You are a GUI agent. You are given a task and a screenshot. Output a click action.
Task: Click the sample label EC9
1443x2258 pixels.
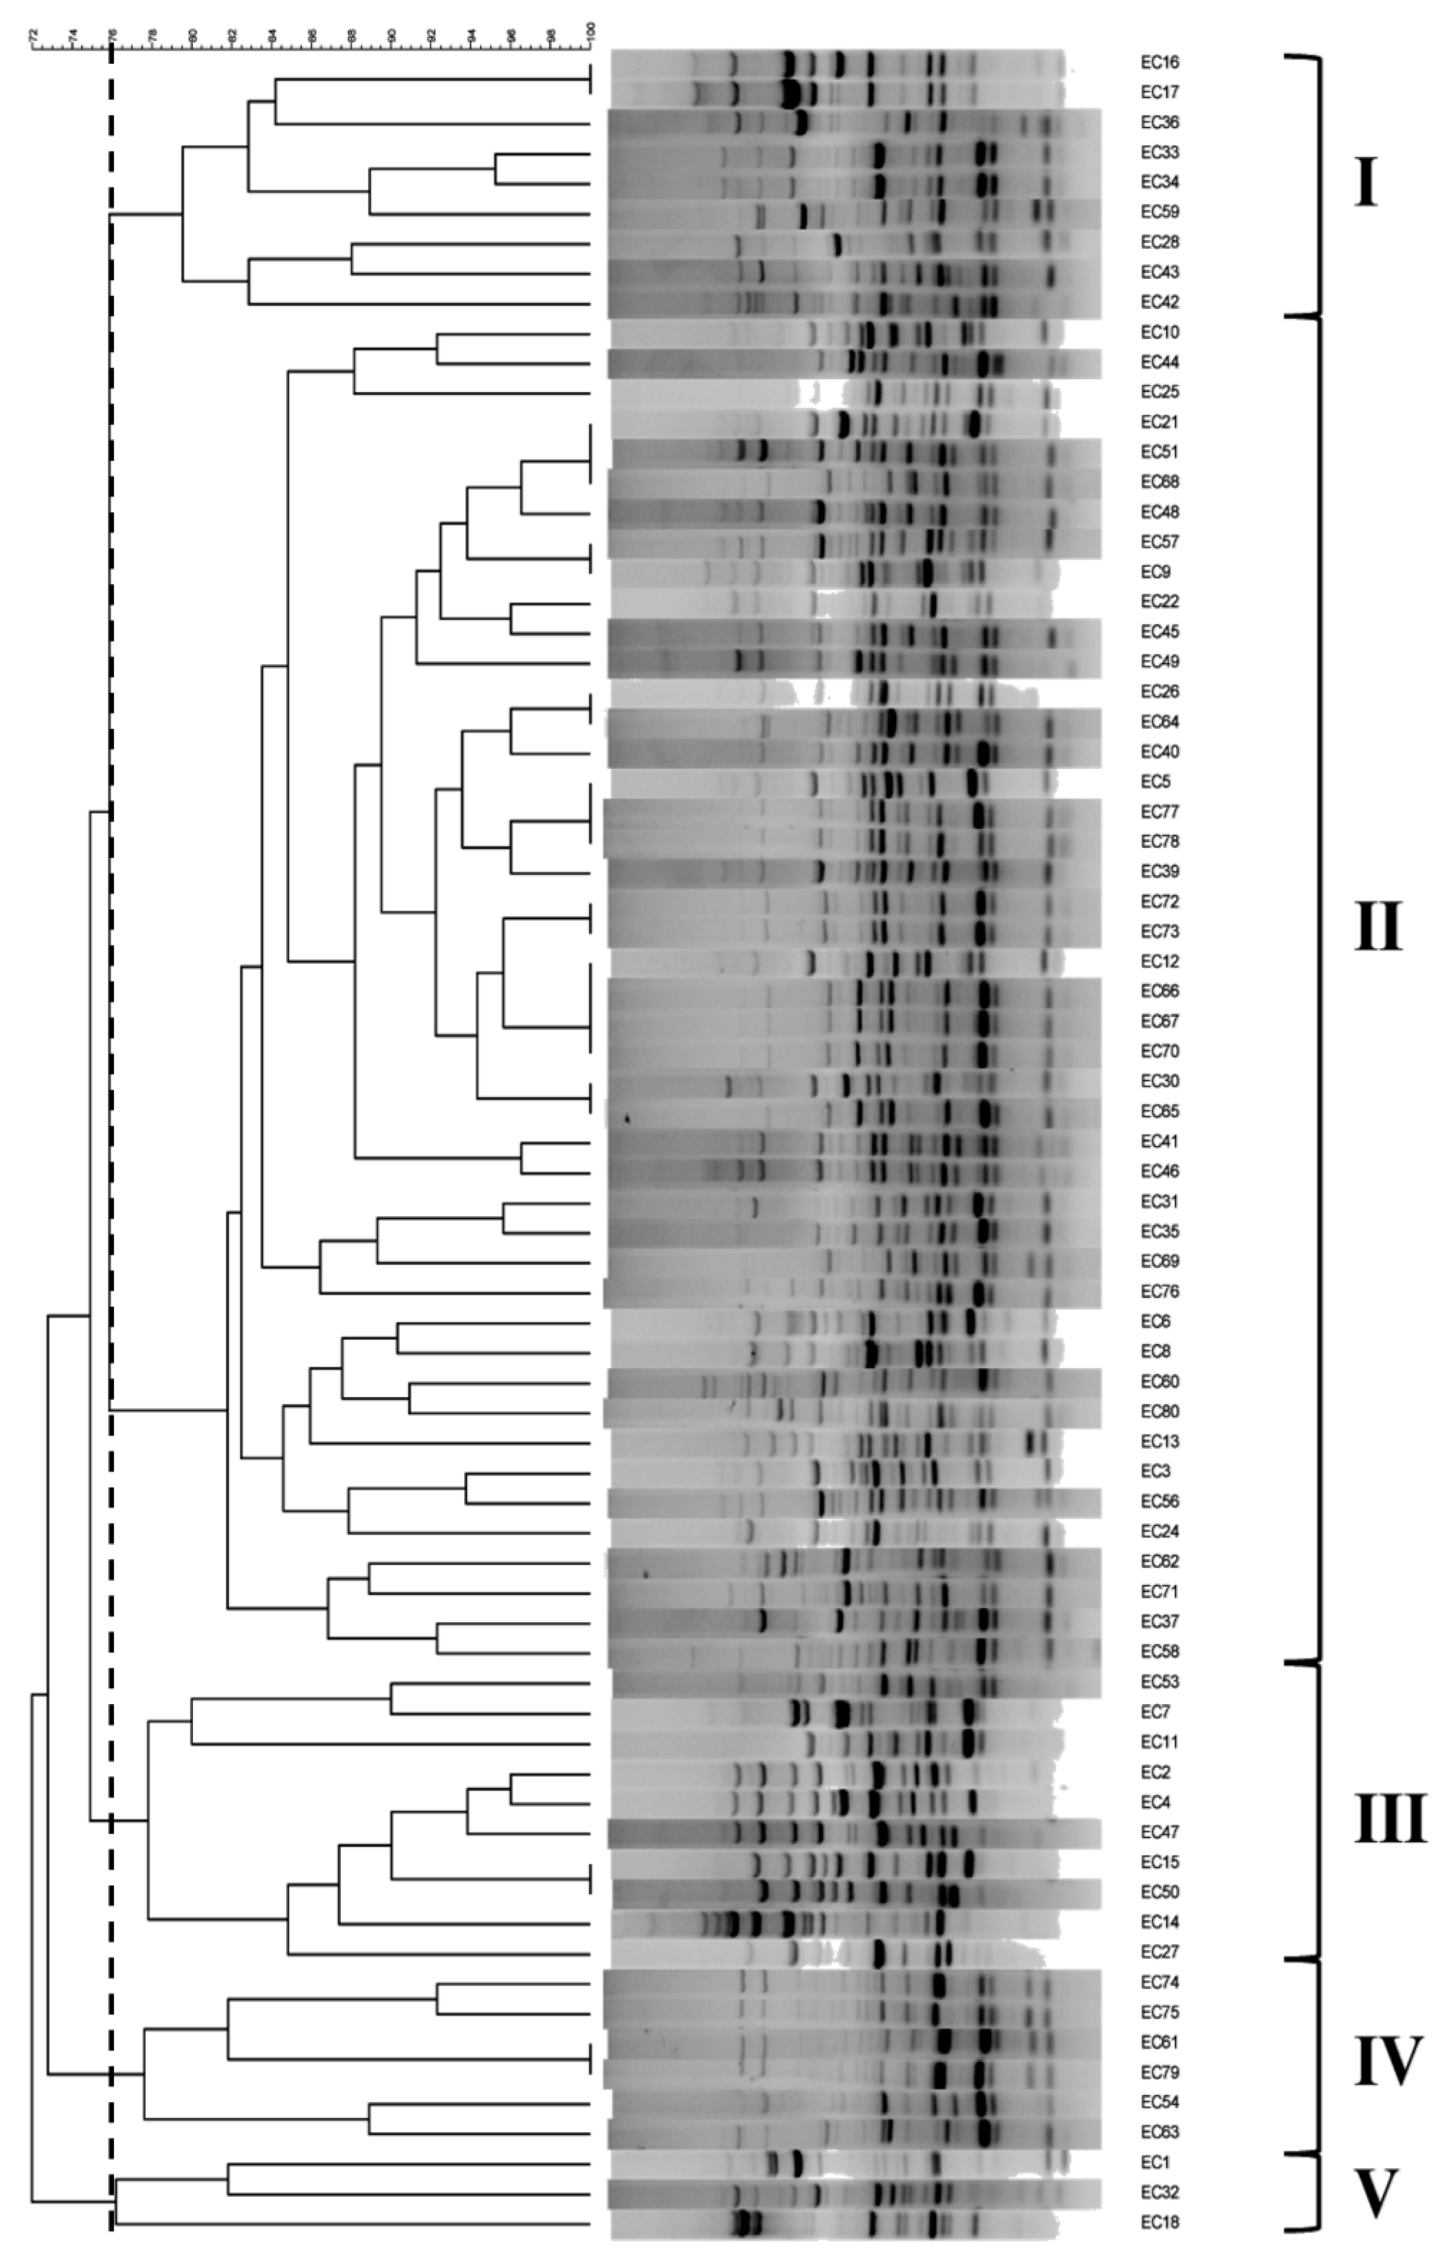tap(1156, 572)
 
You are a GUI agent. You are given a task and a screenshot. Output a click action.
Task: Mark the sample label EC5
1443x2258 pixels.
tap(1156, 781)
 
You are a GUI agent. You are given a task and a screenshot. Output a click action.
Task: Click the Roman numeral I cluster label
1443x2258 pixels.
tap(1366, 184)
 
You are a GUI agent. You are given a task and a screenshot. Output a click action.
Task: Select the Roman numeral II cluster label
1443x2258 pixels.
tap(1377, 926)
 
